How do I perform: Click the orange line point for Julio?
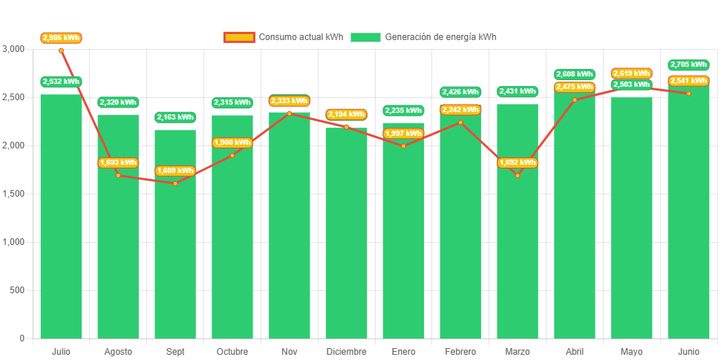coord(61,50)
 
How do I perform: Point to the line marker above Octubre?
coord(232,155)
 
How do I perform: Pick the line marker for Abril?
coord(575,99)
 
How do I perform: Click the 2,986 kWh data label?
coord(61,37)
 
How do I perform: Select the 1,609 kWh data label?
coord(175,171)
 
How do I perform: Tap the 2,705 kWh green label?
coord(688,65)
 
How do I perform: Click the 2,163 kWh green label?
coord(175,117)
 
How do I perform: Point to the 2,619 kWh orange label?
coord(631,73)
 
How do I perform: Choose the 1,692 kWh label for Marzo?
coord(518,163)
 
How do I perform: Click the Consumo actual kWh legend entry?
coord(284,37)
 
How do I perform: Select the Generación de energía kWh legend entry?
coord(424,37)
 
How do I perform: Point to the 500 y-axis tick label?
coord(17,290)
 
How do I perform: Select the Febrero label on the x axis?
coord(460,351)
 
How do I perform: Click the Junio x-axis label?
coord(688,351)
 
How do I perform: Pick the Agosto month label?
coord(118,351)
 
